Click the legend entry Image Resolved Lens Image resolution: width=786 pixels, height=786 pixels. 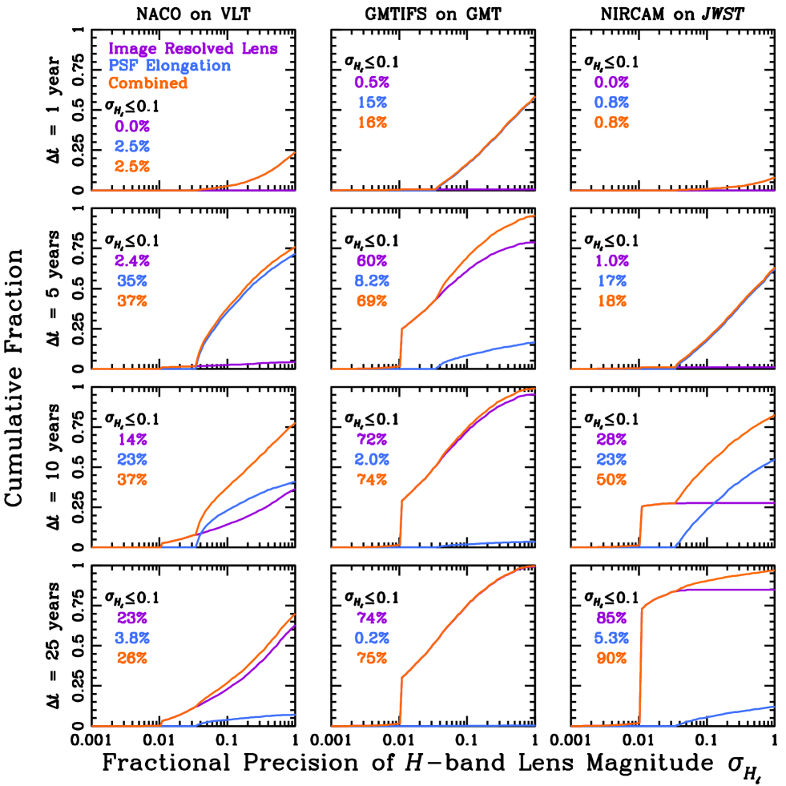tap(193, 49)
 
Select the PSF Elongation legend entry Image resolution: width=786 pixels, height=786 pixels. tap(169, 66)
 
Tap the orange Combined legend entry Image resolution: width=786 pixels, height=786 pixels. tap(148, 83)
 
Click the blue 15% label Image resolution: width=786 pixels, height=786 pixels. tap(372, 103)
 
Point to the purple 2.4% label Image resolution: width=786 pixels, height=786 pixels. tap(132, 261)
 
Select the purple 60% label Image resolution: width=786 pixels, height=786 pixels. tap(372, 261)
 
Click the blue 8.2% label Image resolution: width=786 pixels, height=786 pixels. tap(372, 281)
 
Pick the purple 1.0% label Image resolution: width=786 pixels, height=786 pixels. tap(611, 261)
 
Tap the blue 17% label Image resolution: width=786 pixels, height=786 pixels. tap(611, 281)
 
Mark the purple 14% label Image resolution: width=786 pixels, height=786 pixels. tap(132, 440)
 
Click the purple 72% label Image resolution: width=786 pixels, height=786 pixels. tap(372, 440)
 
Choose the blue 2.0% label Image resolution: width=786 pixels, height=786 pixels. tap(372, 460)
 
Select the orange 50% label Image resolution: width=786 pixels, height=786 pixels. tap(611, 480)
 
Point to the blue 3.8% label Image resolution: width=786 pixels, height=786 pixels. tap(132, 639)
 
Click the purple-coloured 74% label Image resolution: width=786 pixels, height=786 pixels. tap(372, 619)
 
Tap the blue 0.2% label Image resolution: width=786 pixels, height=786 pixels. tap(372, 639)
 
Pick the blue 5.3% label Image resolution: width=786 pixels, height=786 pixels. tap(611, 639)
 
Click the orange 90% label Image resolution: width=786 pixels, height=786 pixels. tap(611, 659)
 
